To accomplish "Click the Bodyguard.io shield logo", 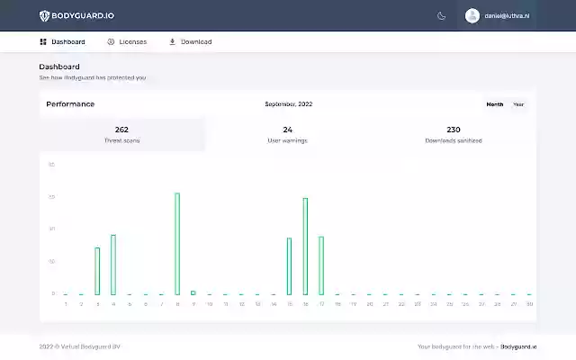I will (x=45, y=15).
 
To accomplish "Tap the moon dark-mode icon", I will (x=441, y=15).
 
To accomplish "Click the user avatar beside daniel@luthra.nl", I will (x=472, y=15).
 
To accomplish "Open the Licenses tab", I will (x=126, y=41).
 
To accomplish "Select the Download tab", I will (x=191, y=41).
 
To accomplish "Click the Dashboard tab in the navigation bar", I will (x=63, y=41).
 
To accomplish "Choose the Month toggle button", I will (x=495, y=104).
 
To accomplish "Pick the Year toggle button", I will (x=518, y=104).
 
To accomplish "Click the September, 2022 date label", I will (x=288, y=104).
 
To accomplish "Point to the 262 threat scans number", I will (x=121, y=130).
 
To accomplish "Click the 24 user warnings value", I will (x=288, y=130).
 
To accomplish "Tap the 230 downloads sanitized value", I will (x=454, y=130).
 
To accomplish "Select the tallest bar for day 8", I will (x=177, y=243).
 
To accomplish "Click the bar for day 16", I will (x=305, y=246).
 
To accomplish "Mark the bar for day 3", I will (x=97, y=270).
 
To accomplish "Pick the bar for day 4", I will (x=113, y=264).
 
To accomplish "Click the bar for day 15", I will (x=289, y=265).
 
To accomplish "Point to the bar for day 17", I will (x=321, y=265).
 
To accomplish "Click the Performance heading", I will (x=70, y=104).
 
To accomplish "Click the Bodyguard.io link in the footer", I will (x=518, y=346).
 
